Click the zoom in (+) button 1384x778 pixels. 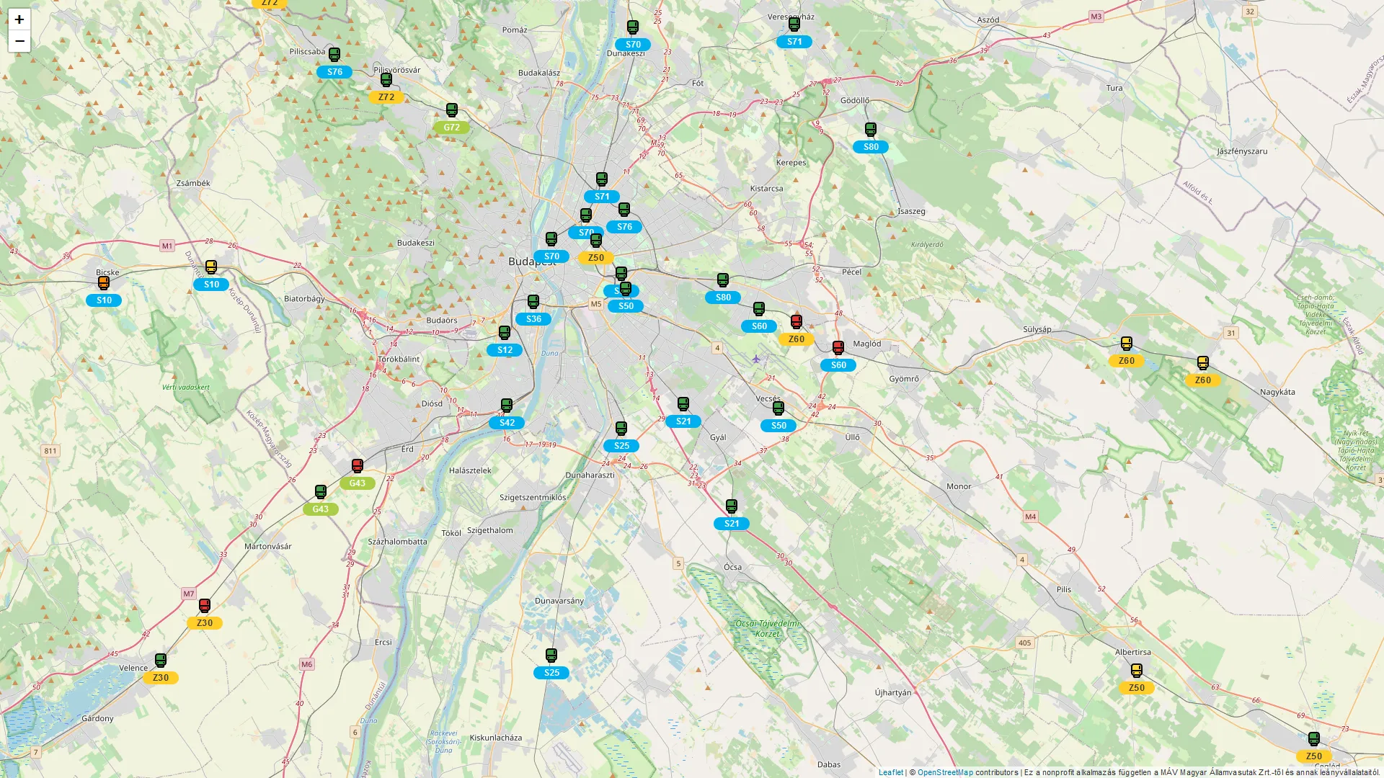19,19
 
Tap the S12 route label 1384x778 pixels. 505,350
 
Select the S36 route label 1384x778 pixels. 533,319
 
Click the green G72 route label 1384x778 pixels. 452,128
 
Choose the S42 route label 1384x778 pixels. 507,423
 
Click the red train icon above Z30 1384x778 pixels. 205,606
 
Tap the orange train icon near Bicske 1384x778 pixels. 104,283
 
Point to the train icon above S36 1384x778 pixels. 533,302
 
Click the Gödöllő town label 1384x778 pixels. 855,101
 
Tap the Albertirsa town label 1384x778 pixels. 1132,653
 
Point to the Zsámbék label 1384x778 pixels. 193,184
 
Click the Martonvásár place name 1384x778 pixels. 268,547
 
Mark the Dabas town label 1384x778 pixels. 829,765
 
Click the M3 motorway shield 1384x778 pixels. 1096,17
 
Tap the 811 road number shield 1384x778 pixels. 50,452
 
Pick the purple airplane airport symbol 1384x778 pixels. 755,359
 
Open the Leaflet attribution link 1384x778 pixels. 890,772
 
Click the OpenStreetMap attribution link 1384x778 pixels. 944,772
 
